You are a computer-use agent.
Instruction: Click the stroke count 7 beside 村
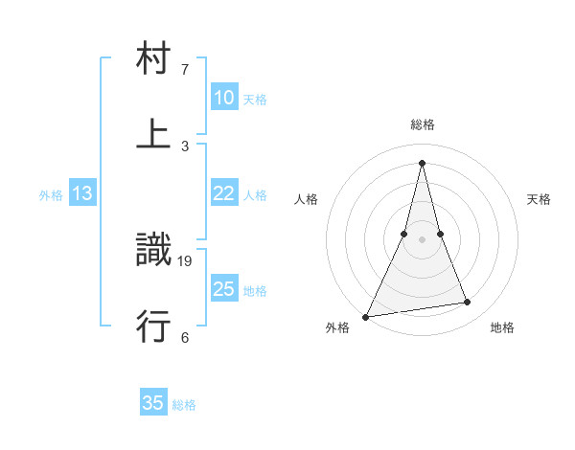pyautogui.click(x=185, y=70)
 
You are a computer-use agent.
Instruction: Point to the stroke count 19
pyautogui.click(x=185, y=260)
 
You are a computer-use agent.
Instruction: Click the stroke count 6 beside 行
pyautogui.click(x=185, y=337)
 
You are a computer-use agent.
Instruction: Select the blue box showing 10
pyautogui.click(x=223, y=98)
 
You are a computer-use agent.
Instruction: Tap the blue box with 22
pyautogui.click(x=223, y=193)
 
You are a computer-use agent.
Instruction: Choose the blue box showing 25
pyautogui.click(x=223, y=289)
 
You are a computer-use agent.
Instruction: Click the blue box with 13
pyautogui.click(x=82, y=193)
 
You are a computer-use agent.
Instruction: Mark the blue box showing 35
pyautogui.click(x=153, y=403)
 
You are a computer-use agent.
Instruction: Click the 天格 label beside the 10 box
pyautogui.click(x=255, y=99)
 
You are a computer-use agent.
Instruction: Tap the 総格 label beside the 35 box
pyautogui.click(x=184, y=405)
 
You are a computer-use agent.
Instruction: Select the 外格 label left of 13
pyautogui.click(x=51, y=195)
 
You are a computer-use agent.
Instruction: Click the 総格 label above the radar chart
pyautogui.click(x=423, y=124)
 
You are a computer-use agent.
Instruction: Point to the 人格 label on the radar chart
pyautogui.click(x=306, y=199)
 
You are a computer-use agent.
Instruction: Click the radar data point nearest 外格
pyautogui.click(x=365, y=316)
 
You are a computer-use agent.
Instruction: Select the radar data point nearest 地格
pyautogui.click(x=468, y=303)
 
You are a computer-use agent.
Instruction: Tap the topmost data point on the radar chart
pyautogui.click(x=423, y=162)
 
